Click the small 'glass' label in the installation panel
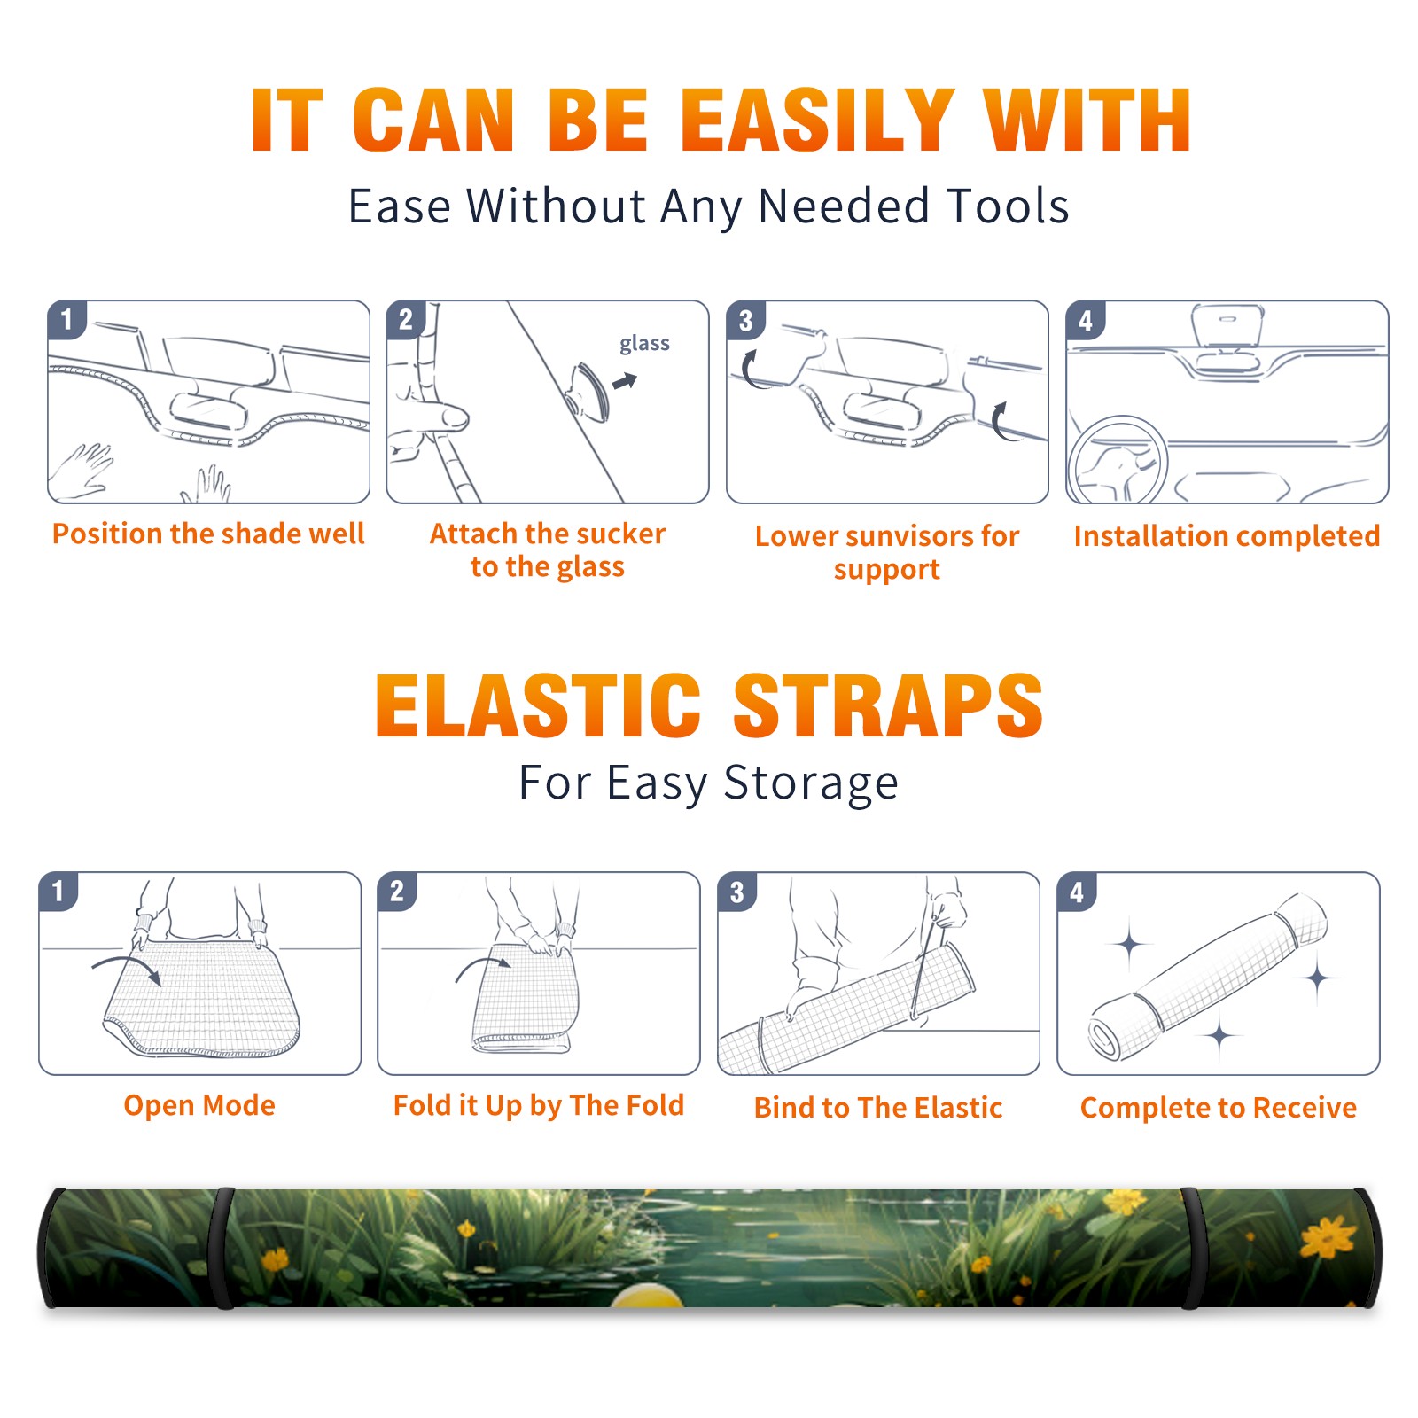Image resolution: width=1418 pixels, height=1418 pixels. pyautogui.click(x=644, y=344)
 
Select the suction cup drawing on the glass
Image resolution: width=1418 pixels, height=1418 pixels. pyautogui.click(x=588, y=391)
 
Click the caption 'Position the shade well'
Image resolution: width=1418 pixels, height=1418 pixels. pyautogui.click(x=208, y=534)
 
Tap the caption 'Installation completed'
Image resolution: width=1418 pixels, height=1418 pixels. pyautogui.click(x=1227, y=536)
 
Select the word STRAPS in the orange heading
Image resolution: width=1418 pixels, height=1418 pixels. pyautogui.click(x=888, y=705)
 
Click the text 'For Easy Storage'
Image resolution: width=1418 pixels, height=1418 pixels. pyautogui.click(x=708, y=783)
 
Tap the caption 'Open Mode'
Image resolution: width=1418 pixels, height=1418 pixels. pyautogui.click(x=199, y=1105)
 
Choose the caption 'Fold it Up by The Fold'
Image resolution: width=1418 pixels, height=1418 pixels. pyautogui.click(x=539, y=1105)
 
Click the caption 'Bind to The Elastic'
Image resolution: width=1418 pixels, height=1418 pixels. pyautogui.click(x=878, y=1108)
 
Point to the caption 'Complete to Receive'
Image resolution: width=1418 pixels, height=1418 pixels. pyautogui.click(x=1219, y=1108)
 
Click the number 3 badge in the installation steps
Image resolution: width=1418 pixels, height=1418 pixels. pyautogui.click(x=745, y=320)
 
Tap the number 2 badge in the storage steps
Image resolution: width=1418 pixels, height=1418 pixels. pyautogui.click(x=397, y=891)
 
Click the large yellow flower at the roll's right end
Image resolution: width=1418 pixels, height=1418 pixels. pyautogui.click(x=1327, y=1236)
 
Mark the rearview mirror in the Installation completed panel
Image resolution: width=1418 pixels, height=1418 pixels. pyautogui.click(x=1227, y=324)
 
